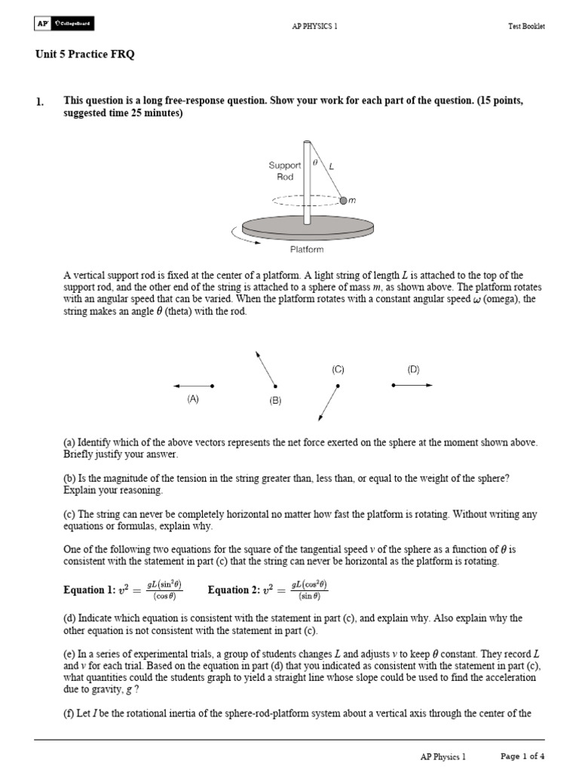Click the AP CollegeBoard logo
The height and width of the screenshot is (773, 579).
64,25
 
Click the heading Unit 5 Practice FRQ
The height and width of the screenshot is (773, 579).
85,55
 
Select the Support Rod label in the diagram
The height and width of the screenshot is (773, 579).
285,171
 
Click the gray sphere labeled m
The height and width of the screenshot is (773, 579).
343,201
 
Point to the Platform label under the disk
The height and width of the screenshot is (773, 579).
307,249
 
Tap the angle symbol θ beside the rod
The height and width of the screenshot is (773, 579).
315,162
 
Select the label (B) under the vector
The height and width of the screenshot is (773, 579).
274,401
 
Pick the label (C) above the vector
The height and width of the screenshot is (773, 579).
338,369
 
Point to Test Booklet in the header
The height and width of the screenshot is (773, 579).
526,26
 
